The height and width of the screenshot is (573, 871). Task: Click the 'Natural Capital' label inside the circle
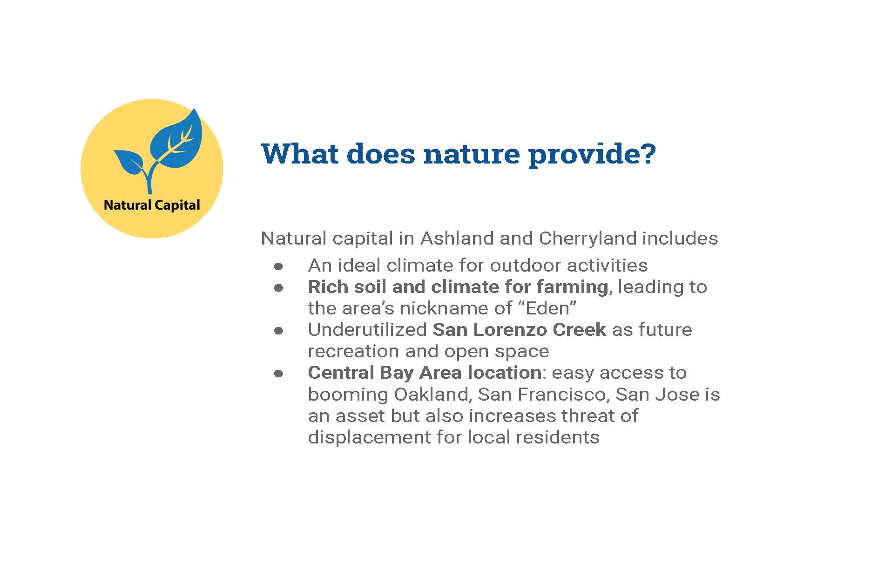152,205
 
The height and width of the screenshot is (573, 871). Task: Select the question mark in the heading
648,154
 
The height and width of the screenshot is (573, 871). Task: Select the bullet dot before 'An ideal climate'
278,266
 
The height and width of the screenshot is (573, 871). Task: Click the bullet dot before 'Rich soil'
278,288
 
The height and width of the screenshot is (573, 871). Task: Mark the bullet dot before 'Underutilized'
278,331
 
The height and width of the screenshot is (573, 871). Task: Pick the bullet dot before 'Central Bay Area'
278,374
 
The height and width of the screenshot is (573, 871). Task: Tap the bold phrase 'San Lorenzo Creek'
520,330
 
